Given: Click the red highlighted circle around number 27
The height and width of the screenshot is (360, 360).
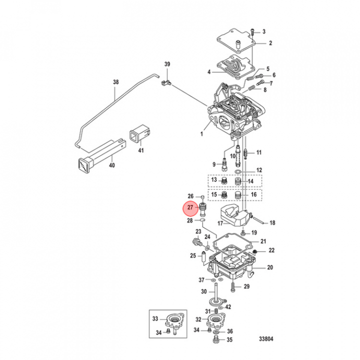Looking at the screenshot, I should tap(190, 207).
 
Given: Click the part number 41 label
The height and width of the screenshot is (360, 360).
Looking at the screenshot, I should tap(140, 150).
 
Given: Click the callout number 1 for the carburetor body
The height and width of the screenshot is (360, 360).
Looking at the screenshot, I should tap(201, 134).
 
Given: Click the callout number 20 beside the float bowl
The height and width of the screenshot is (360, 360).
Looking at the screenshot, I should tap(270, 267).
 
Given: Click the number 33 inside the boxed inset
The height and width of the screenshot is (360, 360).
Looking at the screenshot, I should tap(155, 318).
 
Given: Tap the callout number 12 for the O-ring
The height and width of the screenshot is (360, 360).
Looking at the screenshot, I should tap(259, 170).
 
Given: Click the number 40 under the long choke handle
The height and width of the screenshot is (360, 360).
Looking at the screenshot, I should tap(111, 165).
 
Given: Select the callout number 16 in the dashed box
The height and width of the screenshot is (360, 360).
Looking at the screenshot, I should tap(254, 194).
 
